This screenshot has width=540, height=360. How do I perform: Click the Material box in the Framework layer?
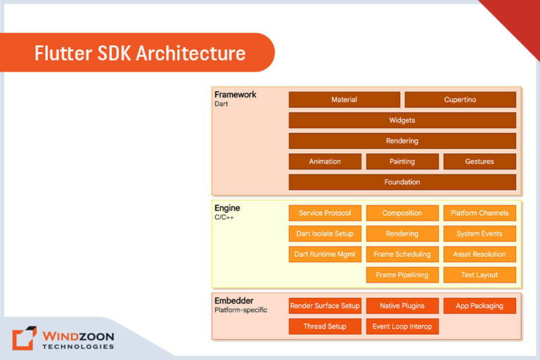coord(344,100)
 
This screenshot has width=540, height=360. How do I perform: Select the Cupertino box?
coord(460,100)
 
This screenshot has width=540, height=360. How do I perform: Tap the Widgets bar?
coord(402,120)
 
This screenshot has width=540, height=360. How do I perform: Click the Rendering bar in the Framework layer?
coord(402,141)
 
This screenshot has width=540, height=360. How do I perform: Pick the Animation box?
coord(325,162)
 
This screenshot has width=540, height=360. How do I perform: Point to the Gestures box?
coord(480,162)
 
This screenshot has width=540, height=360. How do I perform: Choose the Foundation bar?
coord(402,182)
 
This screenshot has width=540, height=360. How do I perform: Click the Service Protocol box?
coord(325,213)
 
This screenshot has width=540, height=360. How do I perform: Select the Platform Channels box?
coord(480,213)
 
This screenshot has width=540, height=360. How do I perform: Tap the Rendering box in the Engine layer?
coord(402,233)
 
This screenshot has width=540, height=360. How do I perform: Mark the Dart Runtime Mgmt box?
coord(325,254)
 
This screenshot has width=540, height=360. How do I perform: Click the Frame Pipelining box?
coord(402,275)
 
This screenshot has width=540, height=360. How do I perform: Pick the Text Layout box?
coord(480,275)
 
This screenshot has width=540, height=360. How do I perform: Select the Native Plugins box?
coord(402,306)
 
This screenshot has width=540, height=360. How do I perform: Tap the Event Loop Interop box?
coord(402,326)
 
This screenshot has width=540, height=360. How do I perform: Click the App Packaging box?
coord(480,306)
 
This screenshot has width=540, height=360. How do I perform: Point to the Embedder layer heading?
coord(234,301)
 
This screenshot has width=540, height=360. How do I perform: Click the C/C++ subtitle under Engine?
coord(224,218)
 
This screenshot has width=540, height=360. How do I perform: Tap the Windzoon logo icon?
coord(25,337)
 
